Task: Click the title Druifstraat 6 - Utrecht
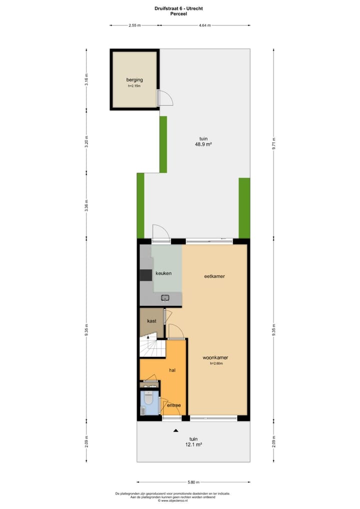tap(179, 8)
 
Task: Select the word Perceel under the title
tap(179, 14)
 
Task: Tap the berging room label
tap(134, 79)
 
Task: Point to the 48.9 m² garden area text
tap(203, 144)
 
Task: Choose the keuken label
tap(163, 273)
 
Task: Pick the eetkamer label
tap(213, 276)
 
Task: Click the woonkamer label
tap(215, 358)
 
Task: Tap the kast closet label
tap(151, 321)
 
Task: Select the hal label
tap(172, 370)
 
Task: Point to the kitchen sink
tap(165, 298)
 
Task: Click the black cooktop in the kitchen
tap(145, 275)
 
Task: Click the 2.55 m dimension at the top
tap(134, 25)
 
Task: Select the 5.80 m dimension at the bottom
tap(193, 482)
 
